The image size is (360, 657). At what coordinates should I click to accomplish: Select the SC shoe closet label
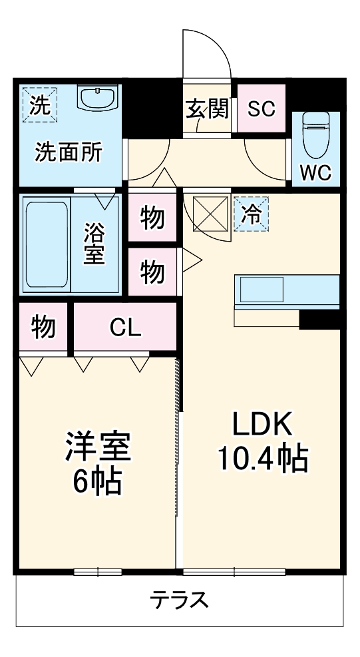(x=261, y=109)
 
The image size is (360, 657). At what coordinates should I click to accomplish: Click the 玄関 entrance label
(x=207, y=109)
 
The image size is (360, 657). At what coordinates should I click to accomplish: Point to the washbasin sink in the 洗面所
(x=97, y=99)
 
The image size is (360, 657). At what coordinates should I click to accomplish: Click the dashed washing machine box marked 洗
(x=39, y=105)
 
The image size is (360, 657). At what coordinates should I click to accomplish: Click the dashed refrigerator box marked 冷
(x=252, y=214)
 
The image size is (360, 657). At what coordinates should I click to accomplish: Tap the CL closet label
(x=125, y=327)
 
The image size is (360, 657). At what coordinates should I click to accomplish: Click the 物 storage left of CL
(x=43, y=327)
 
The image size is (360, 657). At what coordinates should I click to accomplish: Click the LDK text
(x=262, y=424)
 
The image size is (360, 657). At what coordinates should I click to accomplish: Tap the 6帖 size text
(x=97, y=481)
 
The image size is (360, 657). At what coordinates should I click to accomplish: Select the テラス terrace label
(x=179, y=600)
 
